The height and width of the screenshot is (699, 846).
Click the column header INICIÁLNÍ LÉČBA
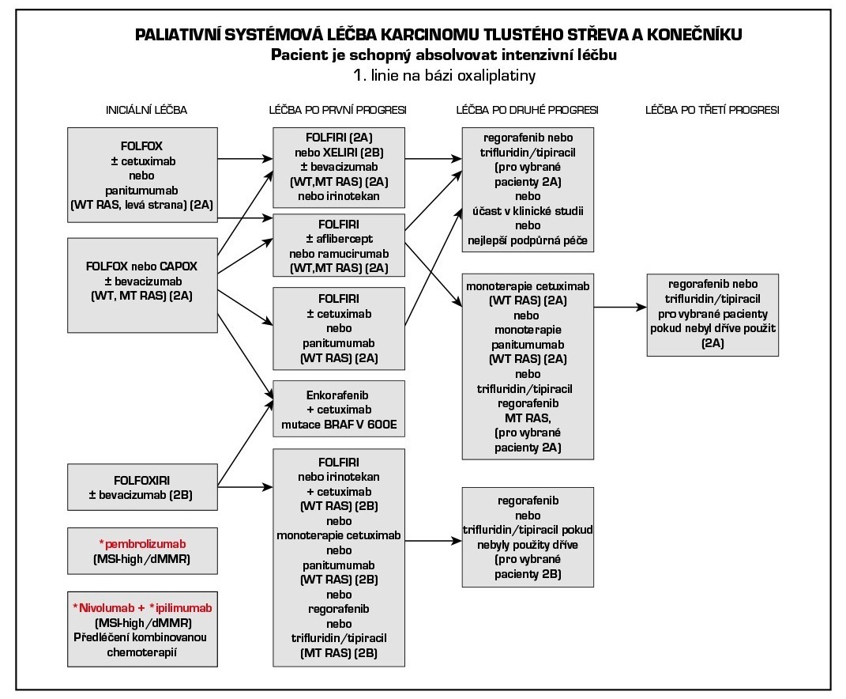pos(147,110)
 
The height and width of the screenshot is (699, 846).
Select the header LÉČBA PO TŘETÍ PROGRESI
pos(711,110)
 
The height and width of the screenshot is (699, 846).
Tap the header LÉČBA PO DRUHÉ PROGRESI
pos(527,110)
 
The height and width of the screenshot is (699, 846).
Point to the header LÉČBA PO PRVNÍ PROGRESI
pos(338,110)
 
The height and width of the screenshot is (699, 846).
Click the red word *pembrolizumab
pos(142,546)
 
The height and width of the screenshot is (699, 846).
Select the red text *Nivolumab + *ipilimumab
pos(142,608)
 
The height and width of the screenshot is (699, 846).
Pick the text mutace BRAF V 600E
pos(338,425)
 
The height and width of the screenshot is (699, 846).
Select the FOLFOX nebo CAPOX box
pos(141,285)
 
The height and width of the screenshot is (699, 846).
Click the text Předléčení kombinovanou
pos(142,637)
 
